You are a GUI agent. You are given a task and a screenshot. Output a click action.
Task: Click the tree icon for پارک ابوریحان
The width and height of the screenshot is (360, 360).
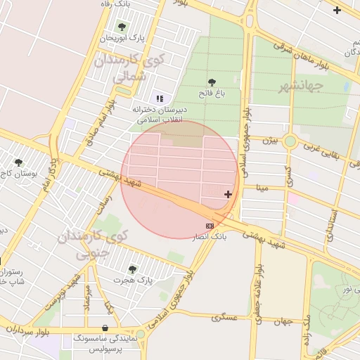coord(122,27)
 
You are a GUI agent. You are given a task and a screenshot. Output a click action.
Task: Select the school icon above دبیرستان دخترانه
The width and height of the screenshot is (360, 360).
coord(159,98)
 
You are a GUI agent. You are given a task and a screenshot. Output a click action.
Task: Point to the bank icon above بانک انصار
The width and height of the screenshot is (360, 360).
coord(210,225)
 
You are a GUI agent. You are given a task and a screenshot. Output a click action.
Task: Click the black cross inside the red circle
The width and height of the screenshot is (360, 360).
coord(228,194)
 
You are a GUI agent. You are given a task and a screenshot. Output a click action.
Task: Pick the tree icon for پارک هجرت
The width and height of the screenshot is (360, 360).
coord(132,268)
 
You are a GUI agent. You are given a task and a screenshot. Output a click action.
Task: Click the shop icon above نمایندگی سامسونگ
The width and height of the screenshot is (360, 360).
coord(105,328)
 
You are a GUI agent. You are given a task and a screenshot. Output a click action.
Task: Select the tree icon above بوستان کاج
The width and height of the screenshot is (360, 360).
coord(18,162)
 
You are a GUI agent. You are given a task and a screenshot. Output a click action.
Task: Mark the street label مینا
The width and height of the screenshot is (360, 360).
coord(263,188)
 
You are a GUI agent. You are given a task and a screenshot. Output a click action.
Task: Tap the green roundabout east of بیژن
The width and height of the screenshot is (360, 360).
coord(290,141)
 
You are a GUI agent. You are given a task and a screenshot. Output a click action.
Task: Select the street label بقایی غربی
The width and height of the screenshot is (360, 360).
coord(325,149)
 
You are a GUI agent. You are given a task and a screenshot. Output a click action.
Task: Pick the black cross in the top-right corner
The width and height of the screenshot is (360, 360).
coord(337,10)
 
